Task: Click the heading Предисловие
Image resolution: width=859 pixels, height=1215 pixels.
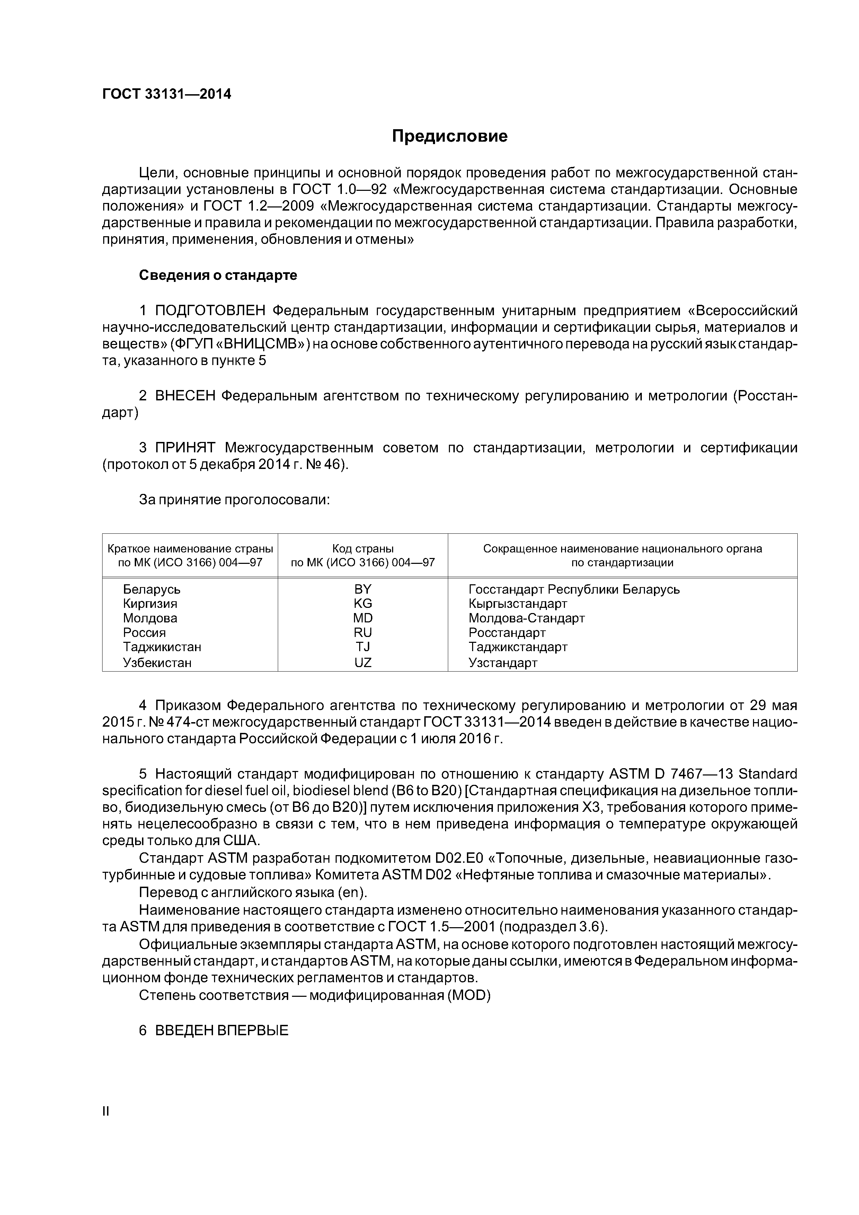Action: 449,136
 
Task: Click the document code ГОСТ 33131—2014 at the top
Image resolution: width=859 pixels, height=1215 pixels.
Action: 167,94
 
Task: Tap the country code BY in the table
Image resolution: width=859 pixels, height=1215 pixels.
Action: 363,589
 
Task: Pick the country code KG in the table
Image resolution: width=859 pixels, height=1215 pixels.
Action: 363,604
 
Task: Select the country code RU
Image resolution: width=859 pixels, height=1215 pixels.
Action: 363,633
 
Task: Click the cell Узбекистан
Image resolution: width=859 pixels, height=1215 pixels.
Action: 157,663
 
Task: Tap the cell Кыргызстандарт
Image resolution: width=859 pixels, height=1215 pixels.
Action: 517,604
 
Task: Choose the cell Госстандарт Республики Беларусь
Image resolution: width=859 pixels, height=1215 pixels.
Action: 574,589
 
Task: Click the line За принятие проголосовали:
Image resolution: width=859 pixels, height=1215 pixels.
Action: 234,499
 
